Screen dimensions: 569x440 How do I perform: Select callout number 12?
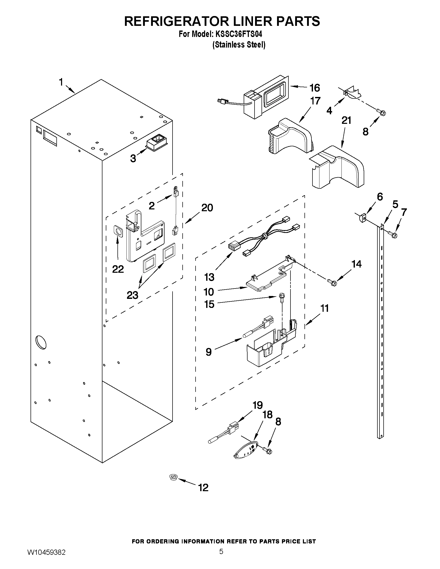tap(203, 488)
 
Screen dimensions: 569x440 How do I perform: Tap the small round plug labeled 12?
tap(173, 477)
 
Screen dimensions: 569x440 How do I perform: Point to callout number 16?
tap(315, 88)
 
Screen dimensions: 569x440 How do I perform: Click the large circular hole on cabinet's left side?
tap(41, 342)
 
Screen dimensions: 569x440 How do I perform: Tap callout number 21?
tap(346, 121)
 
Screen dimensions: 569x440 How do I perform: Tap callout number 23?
tap(132, 295)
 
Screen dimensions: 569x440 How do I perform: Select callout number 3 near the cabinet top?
tap(133, 158)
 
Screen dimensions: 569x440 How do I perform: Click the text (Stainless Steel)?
tap(239, 45)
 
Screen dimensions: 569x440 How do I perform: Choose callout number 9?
tap(208, 352)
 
